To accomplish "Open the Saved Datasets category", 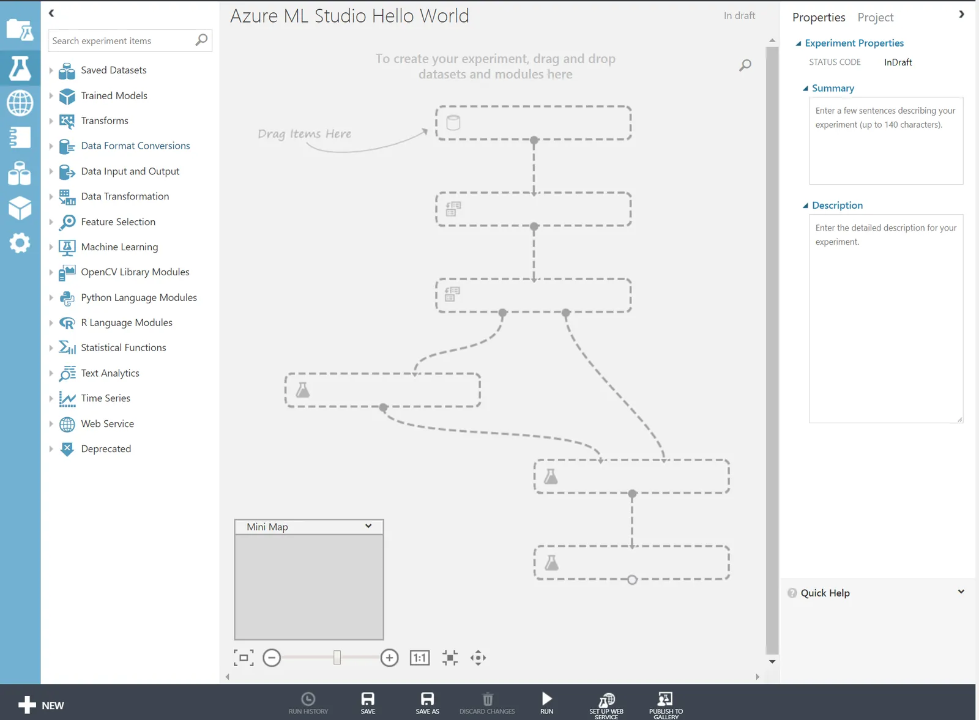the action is [x=113, y=70].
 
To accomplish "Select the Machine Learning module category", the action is [x=119, y=247].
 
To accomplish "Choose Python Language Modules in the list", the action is [x=138, y=297].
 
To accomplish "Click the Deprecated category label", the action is [x=106, y=448].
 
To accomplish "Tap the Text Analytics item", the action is [x=110, y=373].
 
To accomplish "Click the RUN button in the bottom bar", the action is [x=547, y=702].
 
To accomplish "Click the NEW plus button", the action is [x=41, y=705].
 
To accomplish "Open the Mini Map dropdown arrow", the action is [x=368, y=526].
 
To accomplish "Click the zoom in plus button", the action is [x=389, y=658].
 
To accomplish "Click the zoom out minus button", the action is [x=272, y=658].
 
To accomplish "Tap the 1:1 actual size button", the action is [x=420, y=658].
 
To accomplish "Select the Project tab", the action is [x=875, y=18].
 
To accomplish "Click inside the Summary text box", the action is [x=886, y=141].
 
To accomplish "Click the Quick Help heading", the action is [x=825, y=593].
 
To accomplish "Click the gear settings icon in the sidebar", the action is [x=20, y=243].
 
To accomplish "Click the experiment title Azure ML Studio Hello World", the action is [x=349, y=16].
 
